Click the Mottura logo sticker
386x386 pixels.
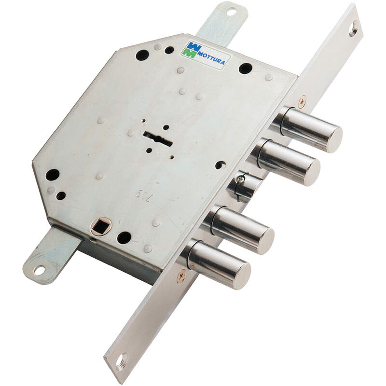[x=205, y=55]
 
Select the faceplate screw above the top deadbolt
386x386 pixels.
[x=302, y=101]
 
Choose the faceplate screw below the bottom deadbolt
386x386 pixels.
[x=181, y=276]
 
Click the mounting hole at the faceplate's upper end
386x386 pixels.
[x=354, y=28]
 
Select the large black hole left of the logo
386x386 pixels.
[x=142, y=55]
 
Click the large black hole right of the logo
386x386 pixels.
[x=245, y=69]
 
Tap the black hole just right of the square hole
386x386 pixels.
[x=124, y=237]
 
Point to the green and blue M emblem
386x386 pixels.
[x=190, y=50]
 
